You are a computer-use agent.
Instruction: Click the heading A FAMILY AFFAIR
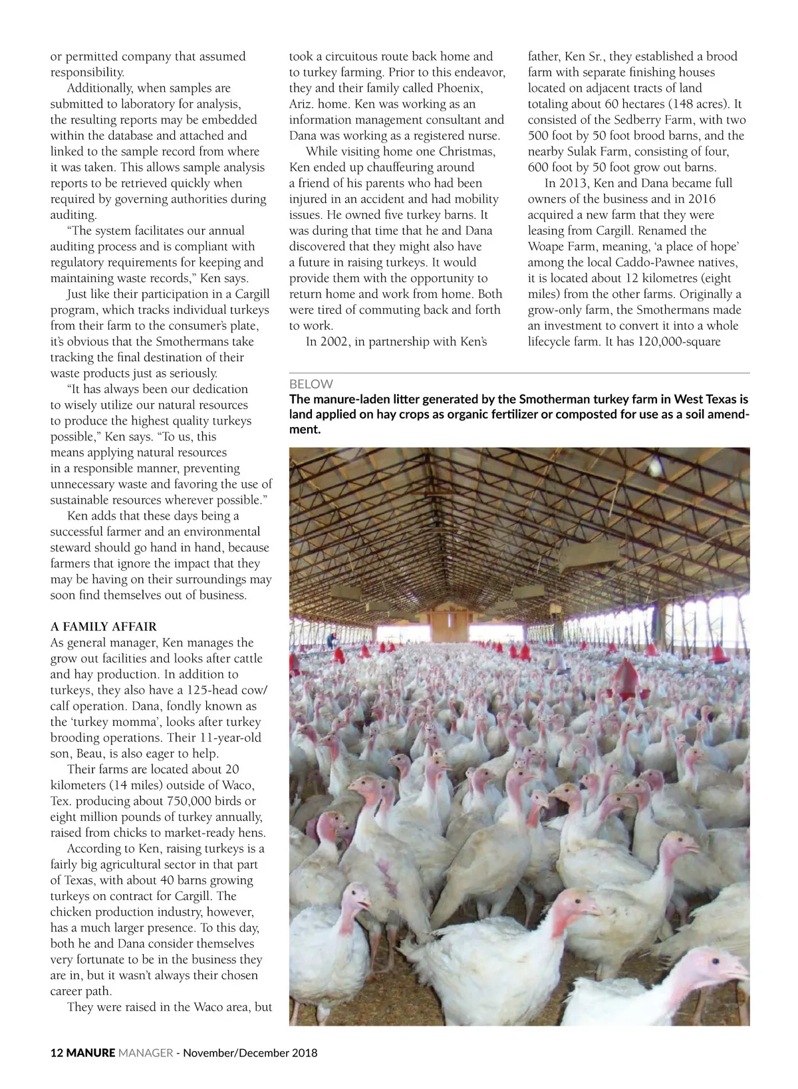tap(104, 627)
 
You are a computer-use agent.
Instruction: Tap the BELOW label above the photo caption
tap(311, 384)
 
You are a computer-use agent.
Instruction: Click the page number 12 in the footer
tap(57, 1052)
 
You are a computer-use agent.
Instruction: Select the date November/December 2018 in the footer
tap(250, 1052)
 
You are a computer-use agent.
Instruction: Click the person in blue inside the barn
tap(331, 640)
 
